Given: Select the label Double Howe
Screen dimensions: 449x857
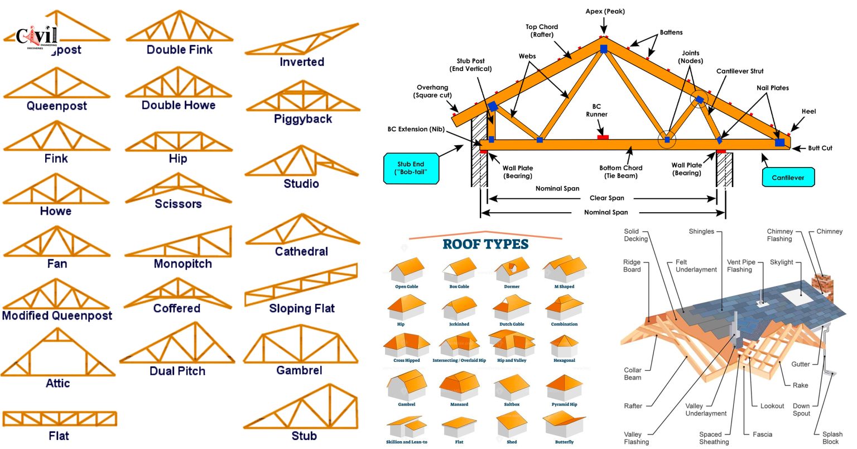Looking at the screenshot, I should click(x=179, y=105).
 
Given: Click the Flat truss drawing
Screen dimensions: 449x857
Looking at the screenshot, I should click(x=59, y=418).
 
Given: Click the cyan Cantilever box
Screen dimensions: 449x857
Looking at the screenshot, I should click(x=788, y=178).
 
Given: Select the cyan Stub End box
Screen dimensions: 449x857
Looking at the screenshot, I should click(x=411, y=168).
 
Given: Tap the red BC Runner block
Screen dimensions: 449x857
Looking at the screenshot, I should click(x=603, y=137).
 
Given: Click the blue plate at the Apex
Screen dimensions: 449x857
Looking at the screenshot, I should click(x=604, y=49).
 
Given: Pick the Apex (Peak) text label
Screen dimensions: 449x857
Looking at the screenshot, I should click(x=605, y=11).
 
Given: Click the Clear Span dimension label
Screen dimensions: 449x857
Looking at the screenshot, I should click(x=606, y=198).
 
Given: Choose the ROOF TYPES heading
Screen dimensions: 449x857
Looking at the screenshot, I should click(x=485, y=244).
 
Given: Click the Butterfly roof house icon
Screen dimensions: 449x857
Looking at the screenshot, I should click(x=564, y=424).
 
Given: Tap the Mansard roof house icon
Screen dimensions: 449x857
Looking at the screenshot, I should click(x=459, y=386).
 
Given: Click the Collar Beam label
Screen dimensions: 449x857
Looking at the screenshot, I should click(x=632, y=374).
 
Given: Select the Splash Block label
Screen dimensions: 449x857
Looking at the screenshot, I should click(x=832, y=438).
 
